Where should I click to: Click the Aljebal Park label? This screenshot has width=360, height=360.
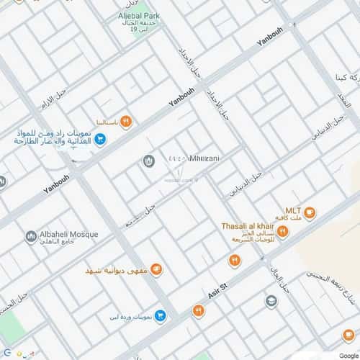(140, 14)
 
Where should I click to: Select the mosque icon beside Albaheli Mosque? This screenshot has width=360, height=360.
(30, 236)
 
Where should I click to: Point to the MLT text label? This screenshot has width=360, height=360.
(293, 211)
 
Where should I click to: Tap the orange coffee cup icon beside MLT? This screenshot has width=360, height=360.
(310, 212)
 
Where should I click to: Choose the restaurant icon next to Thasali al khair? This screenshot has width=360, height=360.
(283, 231)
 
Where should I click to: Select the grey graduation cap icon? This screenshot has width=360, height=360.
(271, 301)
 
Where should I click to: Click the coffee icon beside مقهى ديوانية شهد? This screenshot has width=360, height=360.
(156, 269)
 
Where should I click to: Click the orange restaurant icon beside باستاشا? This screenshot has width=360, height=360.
(126, 120)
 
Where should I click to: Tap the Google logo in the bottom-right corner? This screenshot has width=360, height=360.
(348, 355)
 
